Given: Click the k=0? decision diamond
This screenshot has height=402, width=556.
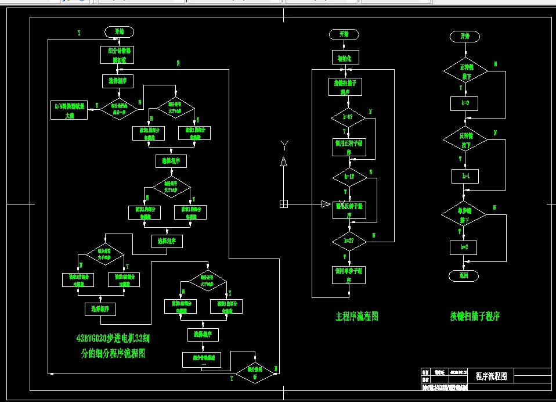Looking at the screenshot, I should [x=348, y=117].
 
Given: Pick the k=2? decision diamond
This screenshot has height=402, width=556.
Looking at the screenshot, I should [x=349, y=240].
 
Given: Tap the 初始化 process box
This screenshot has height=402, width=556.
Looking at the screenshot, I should [x=345, y=57].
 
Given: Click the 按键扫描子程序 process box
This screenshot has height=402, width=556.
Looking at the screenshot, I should [x=345, y=87].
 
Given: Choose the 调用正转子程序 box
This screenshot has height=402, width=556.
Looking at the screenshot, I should [x=349, y=147].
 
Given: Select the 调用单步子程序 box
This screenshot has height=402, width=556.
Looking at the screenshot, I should [x=349, y=275].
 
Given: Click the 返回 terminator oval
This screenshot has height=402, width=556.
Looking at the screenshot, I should [x=464, y=275].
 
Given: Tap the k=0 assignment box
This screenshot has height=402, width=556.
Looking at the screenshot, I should [x=464, y=104].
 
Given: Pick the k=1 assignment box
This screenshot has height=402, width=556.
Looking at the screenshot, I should [x=465, y=175].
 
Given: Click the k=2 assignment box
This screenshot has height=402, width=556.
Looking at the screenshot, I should [x=464, y=247].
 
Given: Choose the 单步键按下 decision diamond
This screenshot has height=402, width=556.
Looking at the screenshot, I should [x=465, y=216].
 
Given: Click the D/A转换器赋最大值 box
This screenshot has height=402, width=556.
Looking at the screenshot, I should [x=69, y=110].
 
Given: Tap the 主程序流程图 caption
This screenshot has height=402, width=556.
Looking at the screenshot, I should [x=356, y=317].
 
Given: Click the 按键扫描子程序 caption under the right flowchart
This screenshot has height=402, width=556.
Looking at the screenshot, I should [x=475, y=317].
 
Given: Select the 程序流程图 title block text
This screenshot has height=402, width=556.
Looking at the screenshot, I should [x=491, y=376].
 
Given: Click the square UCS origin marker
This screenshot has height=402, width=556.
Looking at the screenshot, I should [x=283, y=204].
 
